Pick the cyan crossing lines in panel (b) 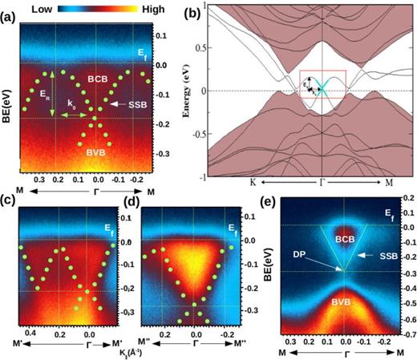(330, 90)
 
